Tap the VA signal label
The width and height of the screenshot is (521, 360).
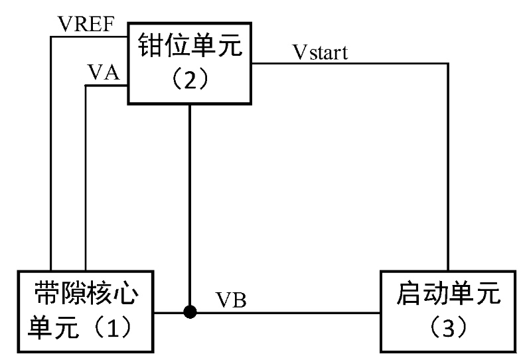(x=103, y=73)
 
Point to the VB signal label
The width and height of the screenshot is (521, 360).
(x=232, y=300)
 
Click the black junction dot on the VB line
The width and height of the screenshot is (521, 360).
(x=190, y=311)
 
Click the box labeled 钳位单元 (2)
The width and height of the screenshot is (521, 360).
(x=190, y=63)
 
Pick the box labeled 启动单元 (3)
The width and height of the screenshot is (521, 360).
(x=448, y=311)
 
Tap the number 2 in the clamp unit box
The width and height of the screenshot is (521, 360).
(x=190, y=80)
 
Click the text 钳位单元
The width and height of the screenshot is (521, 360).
(x=190, y=46)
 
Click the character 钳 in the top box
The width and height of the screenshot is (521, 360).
(x=150, y=46)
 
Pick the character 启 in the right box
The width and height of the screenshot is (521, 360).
(x=409, y=294)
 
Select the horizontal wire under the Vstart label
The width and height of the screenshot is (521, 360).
(x=352, y=64)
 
